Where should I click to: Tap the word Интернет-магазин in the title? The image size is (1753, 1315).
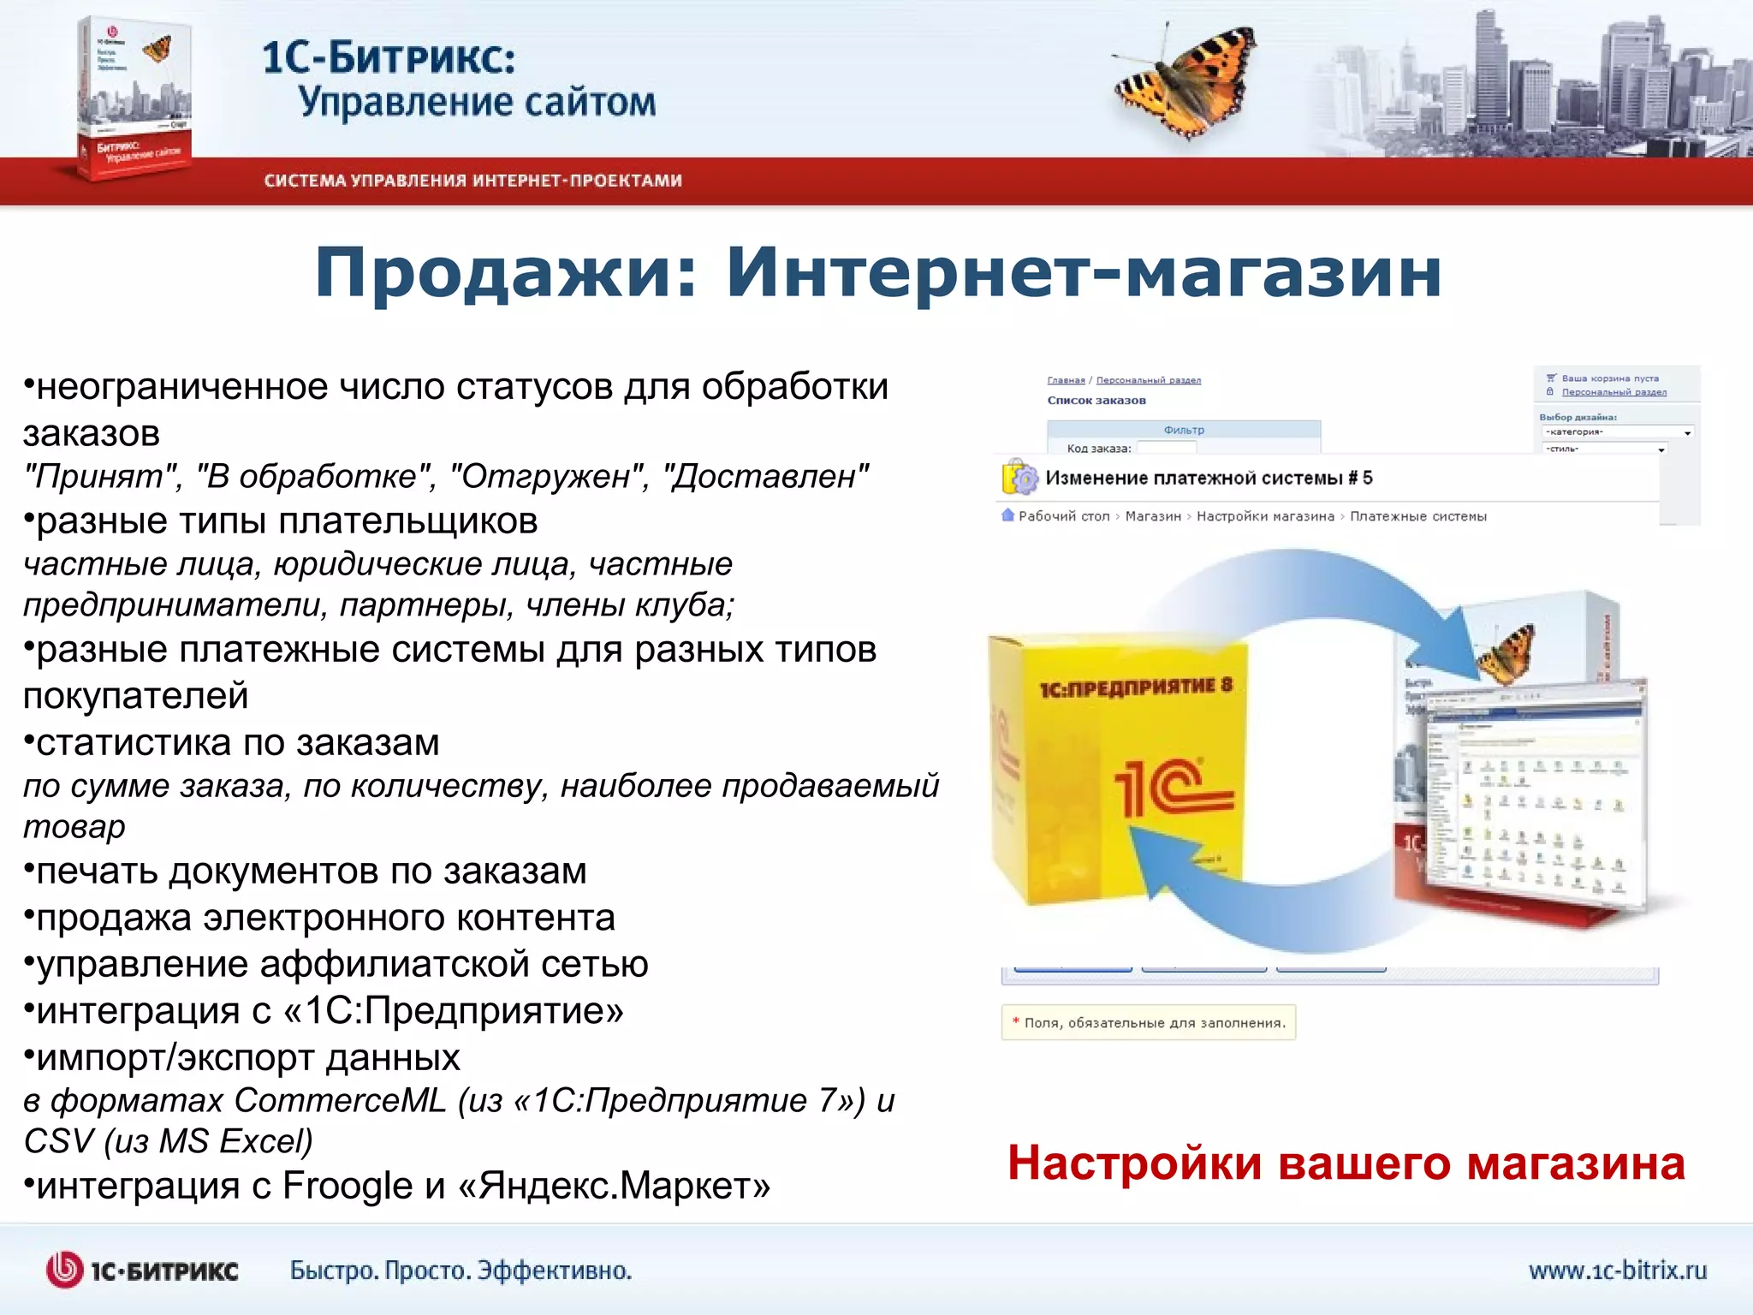tap(1084, 272)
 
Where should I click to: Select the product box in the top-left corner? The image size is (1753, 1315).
tap(135, 98)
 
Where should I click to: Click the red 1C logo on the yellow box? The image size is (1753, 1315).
tap(1173, 788)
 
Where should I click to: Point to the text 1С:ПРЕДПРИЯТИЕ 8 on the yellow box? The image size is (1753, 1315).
tap(1136, 687)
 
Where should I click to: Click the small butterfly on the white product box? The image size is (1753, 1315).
tap(1508, 654)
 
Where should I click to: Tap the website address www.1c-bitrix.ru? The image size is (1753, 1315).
tap(1617, 1270)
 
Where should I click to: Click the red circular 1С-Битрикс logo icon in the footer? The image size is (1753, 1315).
tap(65, 1270)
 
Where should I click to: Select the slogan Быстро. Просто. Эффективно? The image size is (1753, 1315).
tap(461, 1270)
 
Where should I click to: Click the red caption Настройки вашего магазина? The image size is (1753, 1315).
tap(1346, 1163)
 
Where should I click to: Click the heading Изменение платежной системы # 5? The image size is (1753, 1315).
tap(1208, 478)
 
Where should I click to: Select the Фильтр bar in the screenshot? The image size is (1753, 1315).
tap(1183, 430)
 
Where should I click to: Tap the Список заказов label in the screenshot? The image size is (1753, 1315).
tap(1096, 400)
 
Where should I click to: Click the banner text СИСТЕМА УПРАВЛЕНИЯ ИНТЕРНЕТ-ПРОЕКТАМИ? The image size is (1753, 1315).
tap(472, 181)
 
